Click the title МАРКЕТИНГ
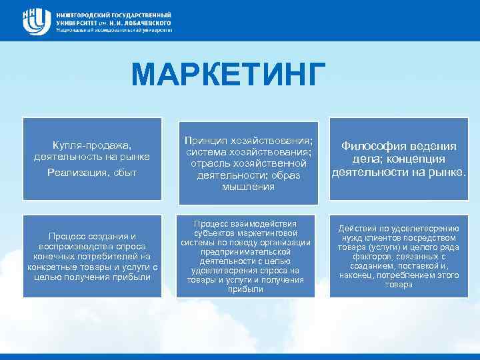(230, 75)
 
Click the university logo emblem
(36, 21)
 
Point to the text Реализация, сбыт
(92, 173)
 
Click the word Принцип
(206, 141)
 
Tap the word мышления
(246, 187)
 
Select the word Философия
(376, 147)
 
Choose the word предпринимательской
(246, 252)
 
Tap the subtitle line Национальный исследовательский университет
(114, 30)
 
